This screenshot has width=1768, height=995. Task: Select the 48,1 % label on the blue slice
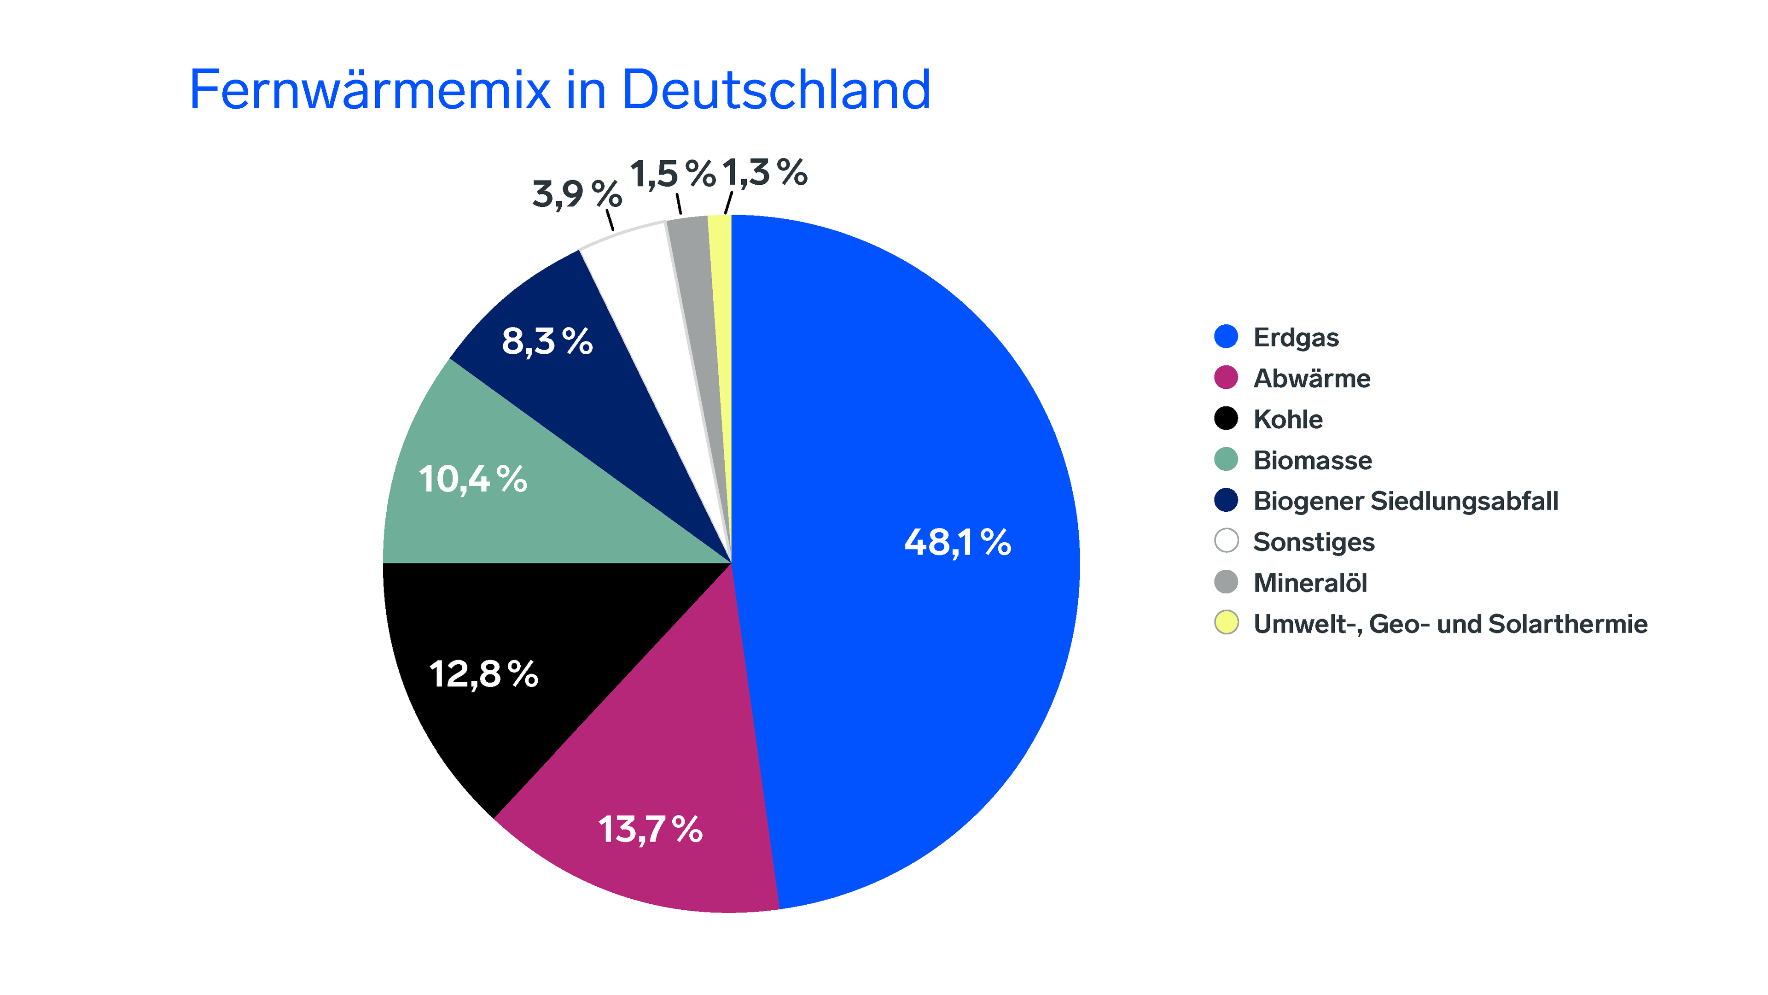click(x=958, y=543)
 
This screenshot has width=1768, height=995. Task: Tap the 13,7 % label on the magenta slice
click(x=650, y=830)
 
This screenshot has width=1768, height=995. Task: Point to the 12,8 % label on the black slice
click(x=483, y=674)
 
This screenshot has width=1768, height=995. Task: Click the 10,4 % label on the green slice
click(x=472, y=479)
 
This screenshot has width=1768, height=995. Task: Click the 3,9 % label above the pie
click(x=576, y=194)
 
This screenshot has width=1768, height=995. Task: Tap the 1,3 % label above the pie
click(x=764, y=172)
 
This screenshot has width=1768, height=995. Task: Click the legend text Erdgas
click(x=1296, y=337)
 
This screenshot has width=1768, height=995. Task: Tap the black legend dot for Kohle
click(x=1226, y=418)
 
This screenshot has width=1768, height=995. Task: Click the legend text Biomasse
click(x=1312, y=460)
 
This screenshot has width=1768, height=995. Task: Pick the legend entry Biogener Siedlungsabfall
click(x=1405, y=501)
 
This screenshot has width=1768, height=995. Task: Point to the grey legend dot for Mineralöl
click(x=1226, y=582)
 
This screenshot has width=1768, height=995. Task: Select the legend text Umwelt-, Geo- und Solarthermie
click(x=1449, y=624)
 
